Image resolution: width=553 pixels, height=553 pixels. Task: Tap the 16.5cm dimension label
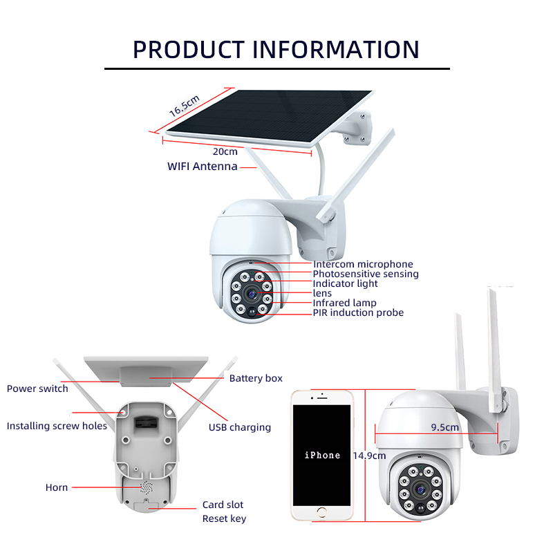click(x=184, y=105)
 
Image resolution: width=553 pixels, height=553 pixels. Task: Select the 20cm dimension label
click(x=225, y=151)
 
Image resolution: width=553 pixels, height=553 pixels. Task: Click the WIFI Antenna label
click(x=203, y=167)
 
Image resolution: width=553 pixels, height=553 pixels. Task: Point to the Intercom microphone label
click(x=363, y=264)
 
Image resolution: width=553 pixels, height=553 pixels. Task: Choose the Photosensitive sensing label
click(x=366, y=274)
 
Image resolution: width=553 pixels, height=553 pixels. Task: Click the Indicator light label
click(x=345, y=283)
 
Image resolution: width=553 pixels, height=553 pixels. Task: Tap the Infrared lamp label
click(x=344, y=303)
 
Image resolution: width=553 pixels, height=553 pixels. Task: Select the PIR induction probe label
click(x=358, y=312)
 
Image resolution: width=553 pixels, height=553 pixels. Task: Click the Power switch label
click(x=37, y=388)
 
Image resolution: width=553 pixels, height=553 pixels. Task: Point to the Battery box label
click(x=256, y=378)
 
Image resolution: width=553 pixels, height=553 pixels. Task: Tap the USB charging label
click(x=240, y=427)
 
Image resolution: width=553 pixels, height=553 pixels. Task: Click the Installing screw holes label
click(x=57, y=426)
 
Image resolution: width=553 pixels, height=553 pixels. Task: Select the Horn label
click(x=57, y=487)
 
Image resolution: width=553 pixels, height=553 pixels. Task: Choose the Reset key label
click(x=224, y=518)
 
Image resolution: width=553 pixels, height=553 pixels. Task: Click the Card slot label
click(x=223, y=505)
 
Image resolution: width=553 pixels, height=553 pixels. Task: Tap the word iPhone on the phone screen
click(x=322, y=456)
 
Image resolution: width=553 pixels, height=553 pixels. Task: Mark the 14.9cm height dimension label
click(x=369, y=456)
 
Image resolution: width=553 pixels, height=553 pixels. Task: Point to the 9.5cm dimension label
click(x=444, y=427)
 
